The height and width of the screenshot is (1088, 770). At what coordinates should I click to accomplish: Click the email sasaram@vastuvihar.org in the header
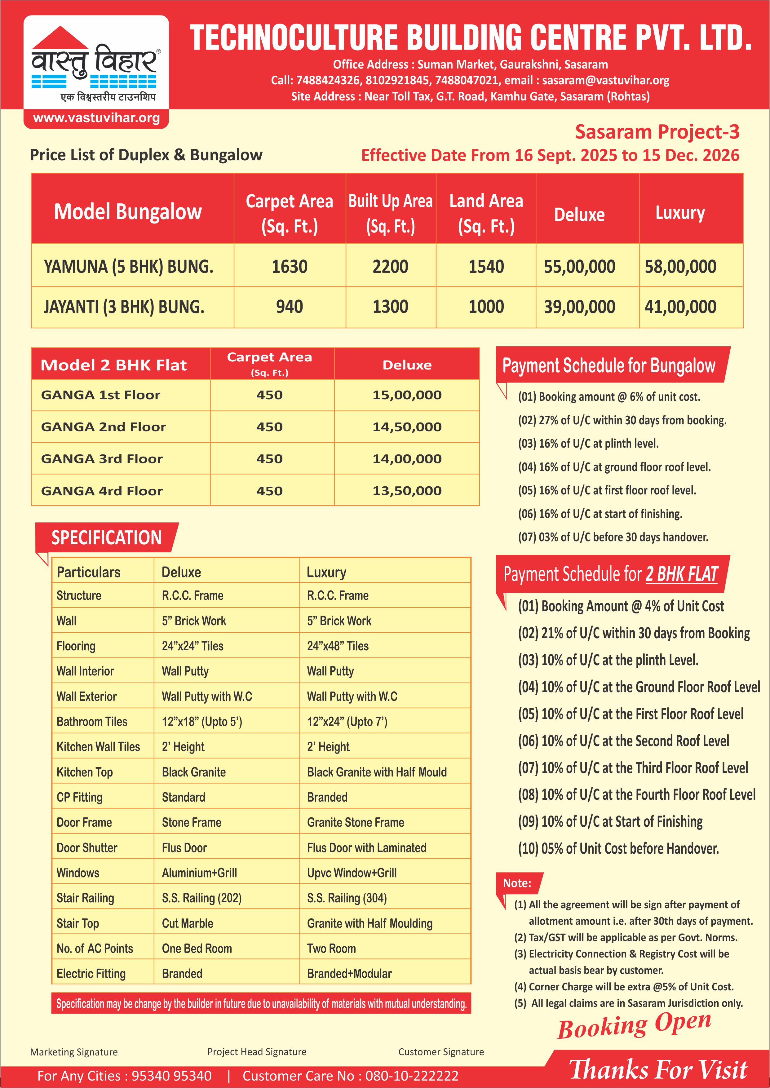point(605,80)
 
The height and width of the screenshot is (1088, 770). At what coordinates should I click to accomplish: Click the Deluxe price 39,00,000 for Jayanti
point(579,307)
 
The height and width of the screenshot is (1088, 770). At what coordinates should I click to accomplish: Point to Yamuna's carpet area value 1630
point(289,267)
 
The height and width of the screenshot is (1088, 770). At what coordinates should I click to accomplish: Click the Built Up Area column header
point(390,213)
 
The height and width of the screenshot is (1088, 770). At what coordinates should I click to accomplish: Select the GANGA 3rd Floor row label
point(102,459)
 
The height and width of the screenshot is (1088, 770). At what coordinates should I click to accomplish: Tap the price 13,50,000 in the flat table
point(407,491)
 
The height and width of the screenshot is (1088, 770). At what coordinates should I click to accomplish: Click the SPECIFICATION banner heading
point(106,537)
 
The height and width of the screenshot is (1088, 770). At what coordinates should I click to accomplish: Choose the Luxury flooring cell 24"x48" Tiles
point(338,646)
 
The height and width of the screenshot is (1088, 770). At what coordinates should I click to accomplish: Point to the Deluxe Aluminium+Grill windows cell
point(199,873)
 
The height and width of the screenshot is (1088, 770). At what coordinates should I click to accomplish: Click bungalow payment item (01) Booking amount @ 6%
point(609,397)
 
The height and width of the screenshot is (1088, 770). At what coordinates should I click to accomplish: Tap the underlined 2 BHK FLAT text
point(681,574)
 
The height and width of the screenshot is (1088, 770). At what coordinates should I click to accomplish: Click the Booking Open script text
point(634,1025)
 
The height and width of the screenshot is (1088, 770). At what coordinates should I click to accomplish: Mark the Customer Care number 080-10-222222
point(412,1076)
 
